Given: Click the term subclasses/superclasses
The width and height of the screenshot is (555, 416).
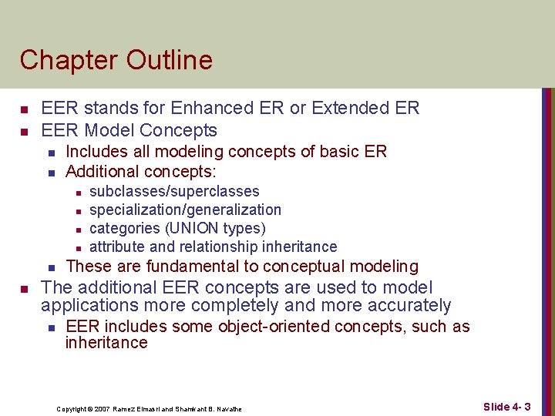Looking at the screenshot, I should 174,191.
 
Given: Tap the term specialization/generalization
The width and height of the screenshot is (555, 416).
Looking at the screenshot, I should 185,210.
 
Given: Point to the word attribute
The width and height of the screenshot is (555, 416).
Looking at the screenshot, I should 117,247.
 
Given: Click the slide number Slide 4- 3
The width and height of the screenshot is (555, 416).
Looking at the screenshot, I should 506,407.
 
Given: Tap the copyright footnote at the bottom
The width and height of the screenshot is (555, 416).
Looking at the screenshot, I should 149,408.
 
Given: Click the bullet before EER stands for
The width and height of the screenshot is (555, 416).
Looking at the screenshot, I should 25,109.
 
